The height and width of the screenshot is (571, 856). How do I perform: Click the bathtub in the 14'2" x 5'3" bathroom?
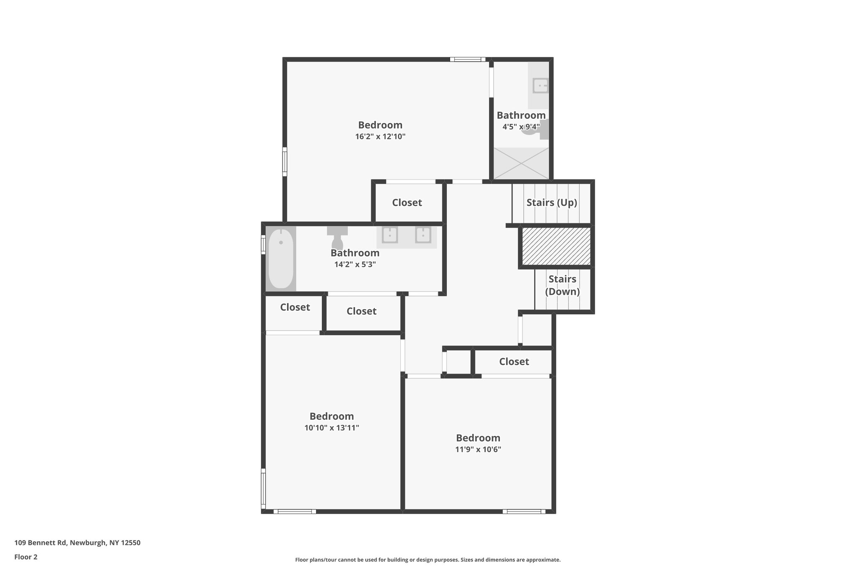coord(281,259)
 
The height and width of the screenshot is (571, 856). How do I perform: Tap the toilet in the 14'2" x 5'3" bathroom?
coord(337,238)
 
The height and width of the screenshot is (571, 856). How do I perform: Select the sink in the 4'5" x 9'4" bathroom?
coord(540,86)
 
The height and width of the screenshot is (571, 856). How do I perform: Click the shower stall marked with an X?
coord(521,163)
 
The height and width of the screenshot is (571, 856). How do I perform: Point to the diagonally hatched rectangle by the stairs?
coord(556,246)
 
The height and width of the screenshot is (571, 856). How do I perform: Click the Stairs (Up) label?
coord(552,202)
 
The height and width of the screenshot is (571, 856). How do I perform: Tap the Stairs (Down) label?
coord(562,285)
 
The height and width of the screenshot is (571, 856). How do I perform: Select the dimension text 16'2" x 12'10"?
coord(380,136)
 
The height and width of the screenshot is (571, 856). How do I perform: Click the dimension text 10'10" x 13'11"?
coord(332,428)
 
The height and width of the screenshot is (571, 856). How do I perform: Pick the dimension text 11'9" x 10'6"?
coord(478,449)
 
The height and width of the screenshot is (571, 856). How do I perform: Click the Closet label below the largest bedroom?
coord(407,202)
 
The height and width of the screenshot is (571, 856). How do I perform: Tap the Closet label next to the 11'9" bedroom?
coord(514,361)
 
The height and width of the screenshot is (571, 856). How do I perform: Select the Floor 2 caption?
coord(26,557)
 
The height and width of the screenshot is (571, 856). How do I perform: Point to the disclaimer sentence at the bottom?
coord(428,560)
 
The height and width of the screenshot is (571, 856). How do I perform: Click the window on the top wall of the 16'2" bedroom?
coord(468,59)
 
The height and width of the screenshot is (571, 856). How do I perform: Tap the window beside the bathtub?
coord(263,245)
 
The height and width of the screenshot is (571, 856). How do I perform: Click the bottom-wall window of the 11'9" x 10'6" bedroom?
coord(524,511)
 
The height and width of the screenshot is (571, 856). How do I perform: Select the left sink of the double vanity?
coord(390,235)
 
